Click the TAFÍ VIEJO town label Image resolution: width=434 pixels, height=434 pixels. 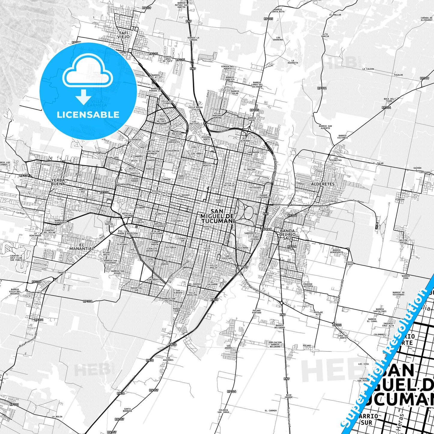click(123, 35)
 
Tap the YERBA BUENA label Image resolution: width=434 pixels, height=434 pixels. click(58, 182)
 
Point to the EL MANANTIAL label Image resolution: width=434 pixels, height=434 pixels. click(81, 247)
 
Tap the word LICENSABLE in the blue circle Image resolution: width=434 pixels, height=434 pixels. click(88, 115)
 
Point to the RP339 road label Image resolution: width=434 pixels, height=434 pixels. click(147, 8)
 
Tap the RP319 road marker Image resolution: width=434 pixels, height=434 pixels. click(424, 78)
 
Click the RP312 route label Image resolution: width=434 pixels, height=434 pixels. click(322, 88)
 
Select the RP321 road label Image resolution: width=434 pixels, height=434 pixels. click(14, 405)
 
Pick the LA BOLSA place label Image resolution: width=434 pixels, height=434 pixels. click(57, 417)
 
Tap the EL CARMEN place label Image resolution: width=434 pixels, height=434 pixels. click(271, 411)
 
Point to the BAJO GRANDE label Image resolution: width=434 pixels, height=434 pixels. click(289, 396)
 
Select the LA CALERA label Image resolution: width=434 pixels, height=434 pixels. click(368, 69)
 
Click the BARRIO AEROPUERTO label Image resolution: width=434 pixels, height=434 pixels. click(336, 251)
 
